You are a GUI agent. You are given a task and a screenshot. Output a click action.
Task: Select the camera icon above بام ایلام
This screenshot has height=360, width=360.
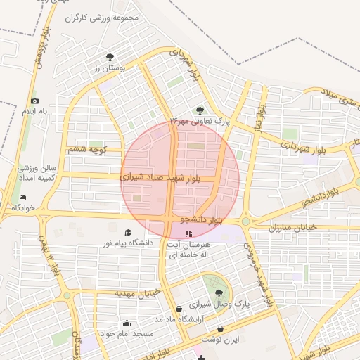tap(35, 101)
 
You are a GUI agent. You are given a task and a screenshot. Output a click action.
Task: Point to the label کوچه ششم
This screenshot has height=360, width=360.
tap(88, 150)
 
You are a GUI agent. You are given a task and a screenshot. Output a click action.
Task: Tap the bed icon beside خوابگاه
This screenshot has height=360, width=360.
tap(22, 198)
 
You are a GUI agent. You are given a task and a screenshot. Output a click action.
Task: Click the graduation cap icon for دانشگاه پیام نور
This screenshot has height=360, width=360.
tap(127, 233)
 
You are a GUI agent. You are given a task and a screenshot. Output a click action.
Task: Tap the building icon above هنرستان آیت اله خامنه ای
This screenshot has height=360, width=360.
tap(188, 233)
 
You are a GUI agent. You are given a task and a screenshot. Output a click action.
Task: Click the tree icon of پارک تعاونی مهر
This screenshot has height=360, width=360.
tap(200, 110)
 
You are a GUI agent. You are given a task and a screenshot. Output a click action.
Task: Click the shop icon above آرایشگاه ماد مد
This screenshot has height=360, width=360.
tap(179, 309)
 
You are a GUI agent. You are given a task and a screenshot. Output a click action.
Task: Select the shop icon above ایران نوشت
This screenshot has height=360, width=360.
tap(221, 328)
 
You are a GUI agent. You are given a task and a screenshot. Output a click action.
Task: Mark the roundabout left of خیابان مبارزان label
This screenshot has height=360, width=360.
tap(245, 221)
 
